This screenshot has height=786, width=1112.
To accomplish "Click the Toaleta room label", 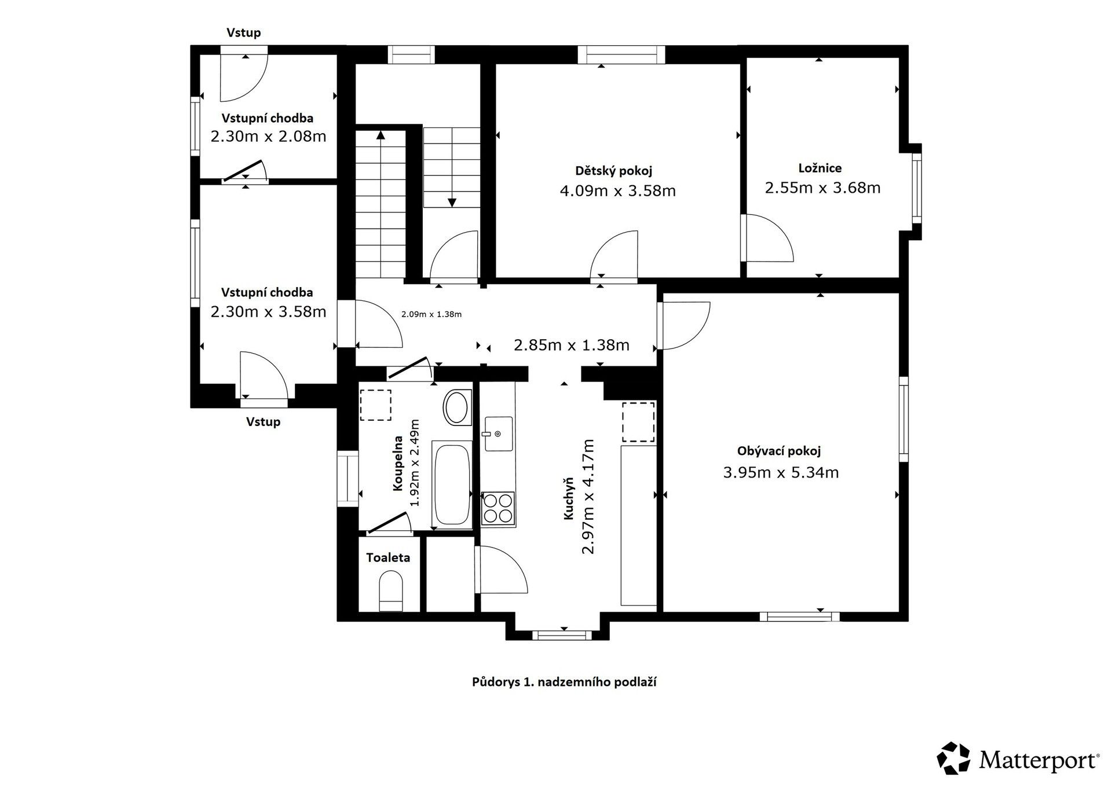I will click(x=387, y=557).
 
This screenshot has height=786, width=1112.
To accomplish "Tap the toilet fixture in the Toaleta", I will click(x=391, y=590).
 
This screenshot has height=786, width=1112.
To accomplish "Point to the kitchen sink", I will click(x=498, y=433).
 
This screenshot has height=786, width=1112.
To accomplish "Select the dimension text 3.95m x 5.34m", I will click(x=781, y=472).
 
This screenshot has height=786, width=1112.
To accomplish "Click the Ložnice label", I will click(x=820, y=168).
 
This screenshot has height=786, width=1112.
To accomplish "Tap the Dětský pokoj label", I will click(x=613, y=171).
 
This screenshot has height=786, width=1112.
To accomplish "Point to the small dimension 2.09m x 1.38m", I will click(x=431, y=314).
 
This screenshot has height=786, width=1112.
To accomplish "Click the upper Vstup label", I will click(x=243, y=32).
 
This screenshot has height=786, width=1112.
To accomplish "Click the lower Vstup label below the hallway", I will click(x=263, y=421).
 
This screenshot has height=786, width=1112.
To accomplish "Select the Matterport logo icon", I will click(x=953, y=758).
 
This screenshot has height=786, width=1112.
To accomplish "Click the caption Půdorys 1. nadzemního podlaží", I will click(x=564, y=682).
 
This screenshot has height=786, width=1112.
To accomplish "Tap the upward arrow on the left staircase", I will click(x=381, y=135).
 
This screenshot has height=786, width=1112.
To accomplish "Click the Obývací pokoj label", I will click(x=778, y=451).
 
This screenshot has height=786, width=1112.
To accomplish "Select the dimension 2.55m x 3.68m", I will click(x=822, y=188).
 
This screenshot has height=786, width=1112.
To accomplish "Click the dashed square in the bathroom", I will click(x=375, y=405).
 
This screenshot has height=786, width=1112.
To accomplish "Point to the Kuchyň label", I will click(x=569, y=498).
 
